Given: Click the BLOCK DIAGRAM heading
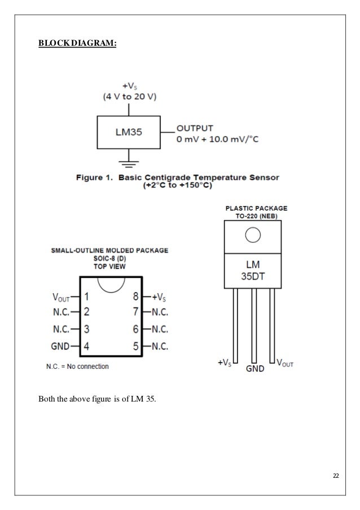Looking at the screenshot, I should (x=77, y=42).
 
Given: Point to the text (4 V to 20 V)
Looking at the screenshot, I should (x=129, y=96).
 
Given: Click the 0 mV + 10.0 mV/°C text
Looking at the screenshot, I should (x=218, y=139).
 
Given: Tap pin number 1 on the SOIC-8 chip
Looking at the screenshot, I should (x=87, y=295).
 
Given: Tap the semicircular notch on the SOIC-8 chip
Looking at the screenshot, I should (x=111, y=284).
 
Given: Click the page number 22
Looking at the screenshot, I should (x=336, y=477).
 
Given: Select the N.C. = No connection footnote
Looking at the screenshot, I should (x=77, y=367).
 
